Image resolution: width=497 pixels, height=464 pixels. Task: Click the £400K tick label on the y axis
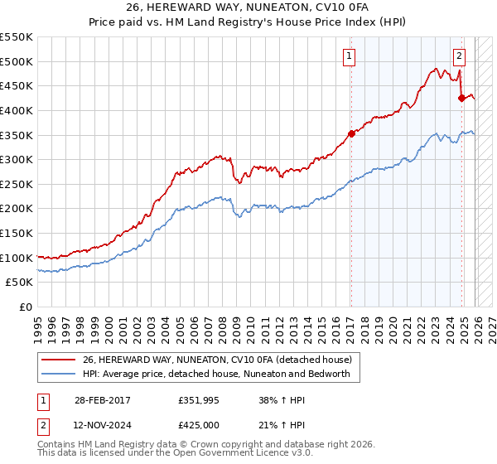(16, 110)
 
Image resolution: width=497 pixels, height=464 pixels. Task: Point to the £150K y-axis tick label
(16, 233)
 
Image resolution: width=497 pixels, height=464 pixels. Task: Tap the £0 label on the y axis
(25, 307)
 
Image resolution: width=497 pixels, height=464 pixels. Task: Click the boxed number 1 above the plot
(350, 56)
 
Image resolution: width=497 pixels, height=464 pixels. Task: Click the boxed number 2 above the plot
(459, 56)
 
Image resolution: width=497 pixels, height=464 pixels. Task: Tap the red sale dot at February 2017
(351, 133)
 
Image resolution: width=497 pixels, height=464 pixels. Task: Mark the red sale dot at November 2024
(461, 98)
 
